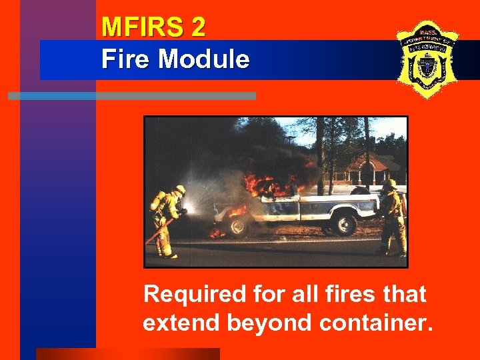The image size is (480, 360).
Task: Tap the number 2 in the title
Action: [197, 27]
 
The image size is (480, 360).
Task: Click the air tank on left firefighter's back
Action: [157, 201]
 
